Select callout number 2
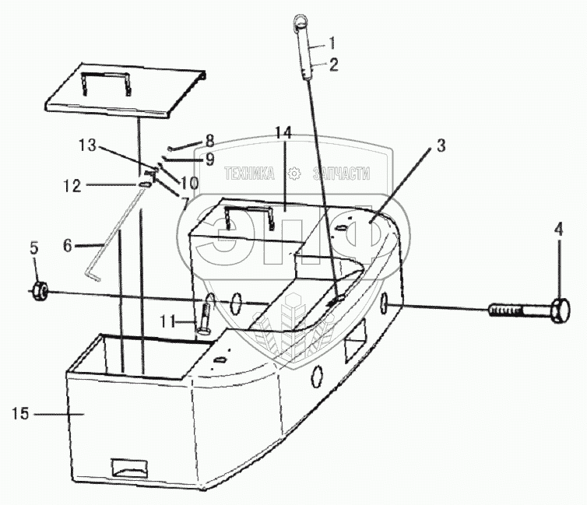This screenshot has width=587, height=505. coord(333,65)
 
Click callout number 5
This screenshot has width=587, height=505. coord(33,248)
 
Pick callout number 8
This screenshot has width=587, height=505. coord(209,141)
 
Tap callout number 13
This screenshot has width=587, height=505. coord(89,145)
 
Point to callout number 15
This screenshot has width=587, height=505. coord(20,413)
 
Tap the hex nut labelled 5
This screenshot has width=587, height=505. coord(40,293)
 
